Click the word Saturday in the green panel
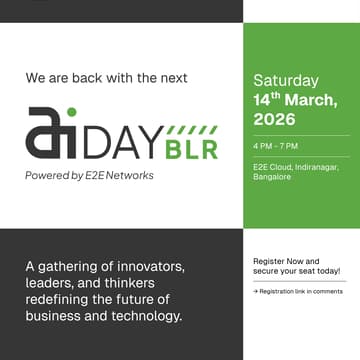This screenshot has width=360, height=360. (x=286, y=80)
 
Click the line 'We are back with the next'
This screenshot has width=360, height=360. (x=106, y=77)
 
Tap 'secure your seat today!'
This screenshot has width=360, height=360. (x=297, y=271)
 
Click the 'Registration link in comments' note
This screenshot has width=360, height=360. (x=299, y=291)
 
